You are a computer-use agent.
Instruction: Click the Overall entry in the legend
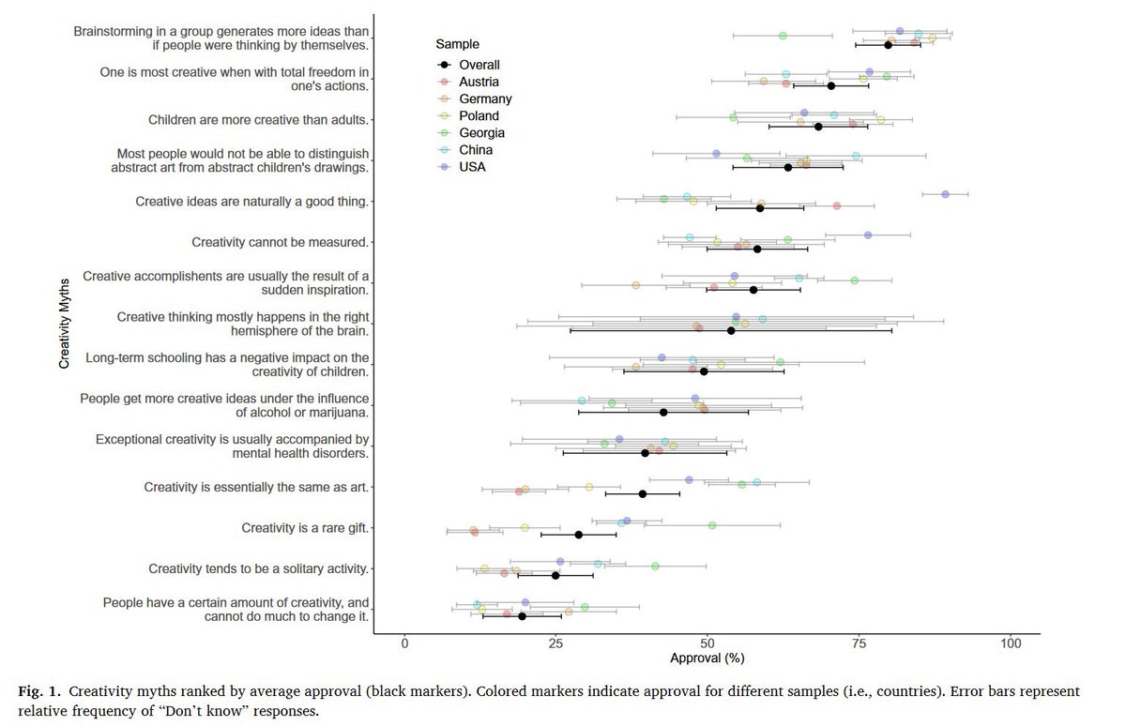(479, 65)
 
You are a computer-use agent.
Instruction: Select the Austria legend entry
(479, 82)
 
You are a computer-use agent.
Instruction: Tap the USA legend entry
(472, 167)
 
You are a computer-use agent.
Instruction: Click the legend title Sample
(457, 44)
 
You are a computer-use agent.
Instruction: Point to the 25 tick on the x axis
(555, 644)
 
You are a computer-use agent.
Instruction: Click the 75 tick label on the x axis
(859, 644)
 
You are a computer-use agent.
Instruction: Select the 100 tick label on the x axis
(1010, 644)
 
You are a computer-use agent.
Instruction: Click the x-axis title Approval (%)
(707, 658)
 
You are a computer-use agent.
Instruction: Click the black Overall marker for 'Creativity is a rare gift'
(578, 535)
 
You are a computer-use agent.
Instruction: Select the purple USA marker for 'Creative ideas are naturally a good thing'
(945, 194)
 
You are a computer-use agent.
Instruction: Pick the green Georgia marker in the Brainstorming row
(783, 36)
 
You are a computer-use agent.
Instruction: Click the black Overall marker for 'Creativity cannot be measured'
(757, 250)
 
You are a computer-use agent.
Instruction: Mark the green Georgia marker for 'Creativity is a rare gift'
(711, 525)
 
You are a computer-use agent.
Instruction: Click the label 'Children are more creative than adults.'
(258, 120)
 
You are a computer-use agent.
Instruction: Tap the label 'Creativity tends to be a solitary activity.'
(258, 568)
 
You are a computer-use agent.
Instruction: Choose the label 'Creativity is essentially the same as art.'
(256, 487)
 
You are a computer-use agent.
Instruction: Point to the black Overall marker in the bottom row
(522, 616)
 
